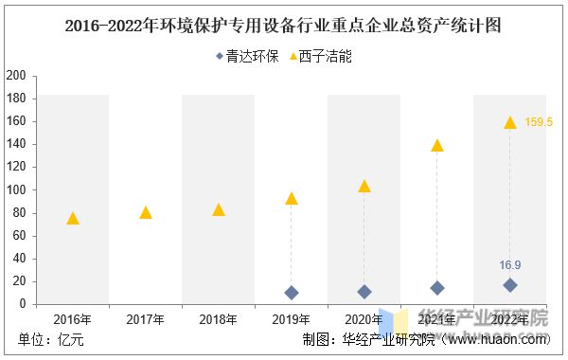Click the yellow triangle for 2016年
(x=73, y=219)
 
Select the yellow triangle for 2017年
(x=146, y=213)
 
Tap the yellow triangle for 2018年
(x=219, y=210)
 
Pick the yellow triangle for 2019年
(x=292, y=199)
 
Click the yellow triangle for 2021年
(x=436, y=146)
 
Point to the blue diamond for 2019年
(x=292, y=293)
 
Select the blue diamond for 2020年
(x=364, y=292)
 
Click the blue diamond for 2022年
(x=510, y=285)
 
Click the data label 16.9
(x=510, y=265)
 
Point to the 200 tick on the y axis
(x=15, y=76)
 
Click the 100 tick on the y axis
(x=15, y=189)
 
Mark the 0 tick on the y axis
(x=23, y=304)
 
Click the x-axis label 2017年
(x=146, y=319)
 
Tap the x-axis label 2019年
(x=292, y=319)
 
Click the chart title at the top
(x=284, y=27)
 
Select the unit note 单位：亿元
(x=51, y=340)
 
